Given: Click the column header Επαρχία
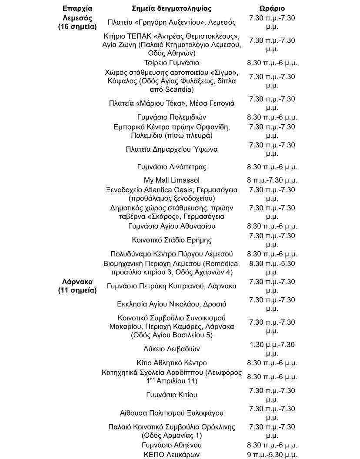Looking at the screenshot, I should pos(77,8).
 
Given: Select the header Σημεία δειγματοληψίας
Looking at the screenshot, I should pos(171,8).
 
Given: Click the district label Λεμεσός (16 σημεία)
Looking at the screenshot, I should pos(77,22).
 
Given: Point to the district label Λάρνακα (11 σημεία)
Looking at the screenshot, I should pos(77,286).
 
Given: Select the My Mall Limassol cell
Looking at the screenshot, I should pos(171,180).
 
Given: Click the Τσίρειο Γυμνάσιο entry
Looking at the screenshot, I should pos(171,63).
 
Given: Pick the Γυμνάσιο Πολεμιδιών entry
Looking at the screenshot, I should pos(171,117).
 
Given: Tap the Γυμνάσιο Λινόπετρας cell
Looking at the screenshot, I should pos(171,166).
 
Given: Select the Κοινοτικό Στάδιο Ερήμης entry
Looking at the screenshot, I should pos(171,240).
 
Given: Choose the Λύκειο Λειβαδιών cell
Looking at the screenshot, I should pos(171,349).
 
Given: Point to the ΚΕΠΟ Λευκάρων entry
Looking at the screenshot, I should pos(171,455).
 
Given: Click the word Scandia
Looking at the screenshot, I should pos(178,90).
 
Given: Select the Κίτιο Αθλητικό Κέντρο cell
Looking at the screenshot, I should pos(171,363).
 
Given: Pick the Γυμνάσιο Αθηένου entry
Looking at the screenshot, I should pos(171,445).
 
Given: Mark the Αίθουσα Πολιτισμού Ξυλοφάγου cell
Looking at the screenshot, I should pos(171,413).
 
